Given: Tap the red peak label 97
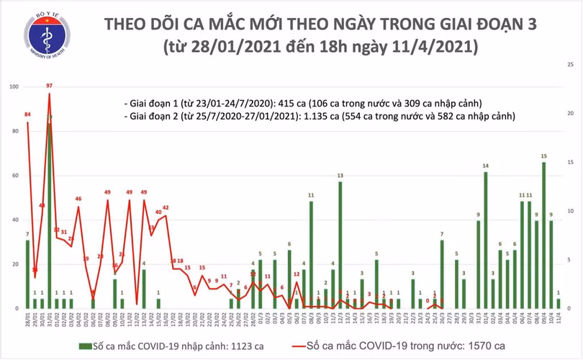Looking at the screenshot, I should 49,86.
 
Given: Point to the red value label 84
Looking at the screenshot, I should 27,115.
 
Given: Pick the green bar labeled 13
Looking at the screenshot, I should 340,245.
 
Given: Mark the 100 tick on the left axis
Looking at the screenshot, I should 14,87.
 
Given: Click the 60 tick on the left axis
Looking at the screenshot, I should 15,176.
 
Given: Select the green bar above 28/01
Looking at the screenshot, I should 27,274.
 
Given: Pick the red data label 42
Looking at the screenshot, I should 166,207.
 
